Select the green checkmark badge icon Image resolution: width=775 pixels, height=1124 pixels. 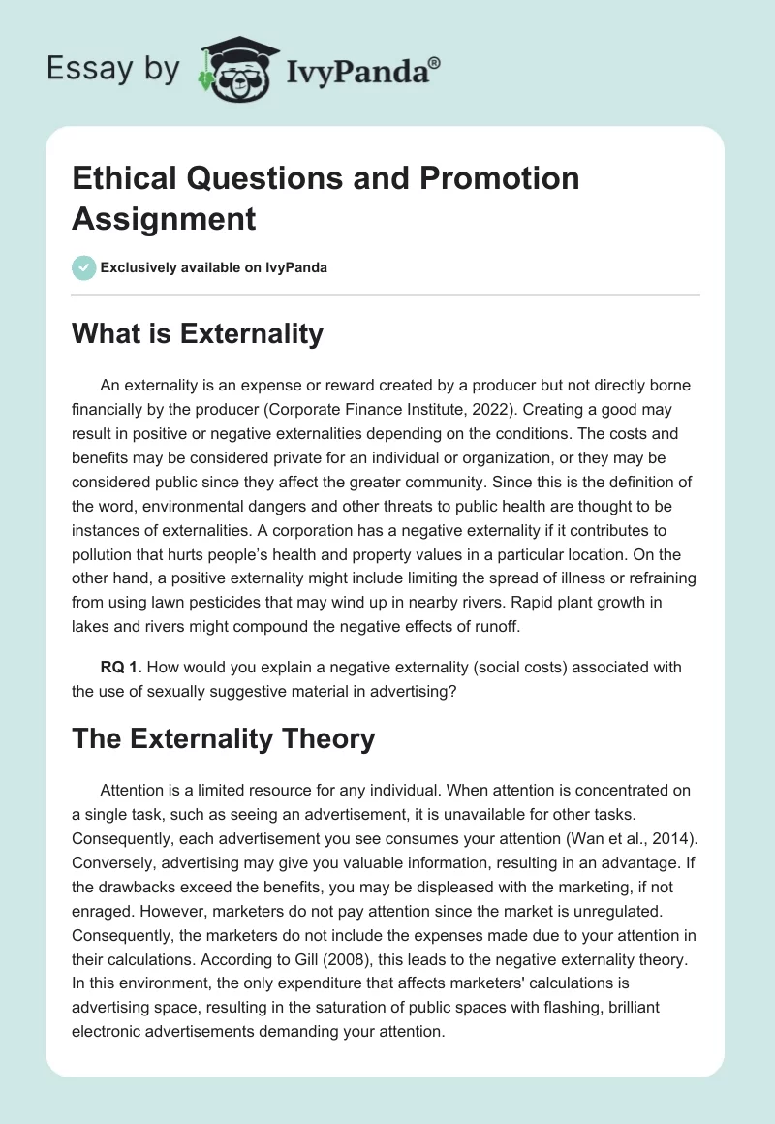point(84,267)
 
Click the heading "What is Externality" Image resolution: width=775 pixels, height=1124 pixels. point(198,333)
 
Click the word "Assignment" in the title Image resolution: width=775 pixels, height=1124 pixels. point(164,218)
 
